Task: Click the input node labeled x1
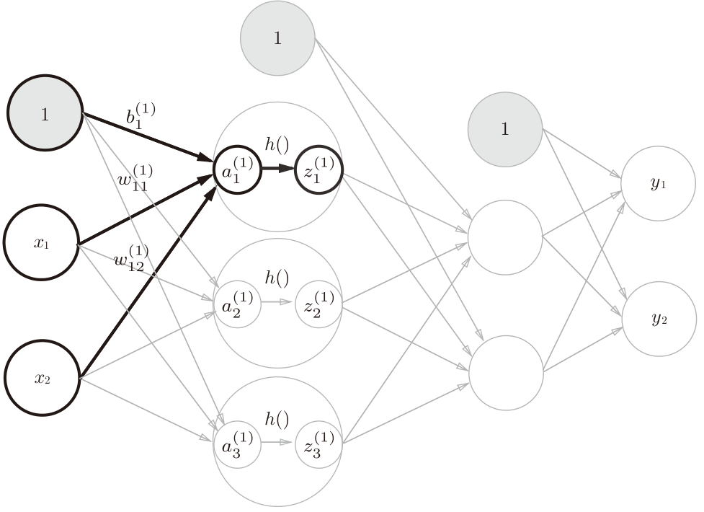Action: coord(40,242)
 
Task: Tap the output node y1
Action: coord(659,183)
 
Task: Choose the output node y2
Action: coord(659,319)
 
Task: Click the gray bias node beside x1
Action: coord(45,114)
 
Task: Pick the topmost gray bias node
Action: coord(277,37)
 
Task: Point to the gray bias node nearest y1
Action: coord(504,129)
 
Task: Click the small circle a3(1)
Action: coord(236,443)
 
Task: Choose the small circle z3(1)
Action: coord(318,443)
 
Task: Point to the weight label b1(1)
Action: coord(141,117)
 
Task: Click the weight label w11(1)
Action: coord(135,178)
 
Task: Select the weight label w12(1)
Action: coord(130,258)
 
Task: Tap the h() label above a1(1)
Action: coord(277,144)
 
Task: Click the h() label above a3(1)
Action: coord(277,418)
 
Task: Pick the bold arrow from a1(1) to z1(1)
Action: coord(277,170)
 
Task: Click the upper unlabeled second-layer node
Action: coord(504,237)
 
